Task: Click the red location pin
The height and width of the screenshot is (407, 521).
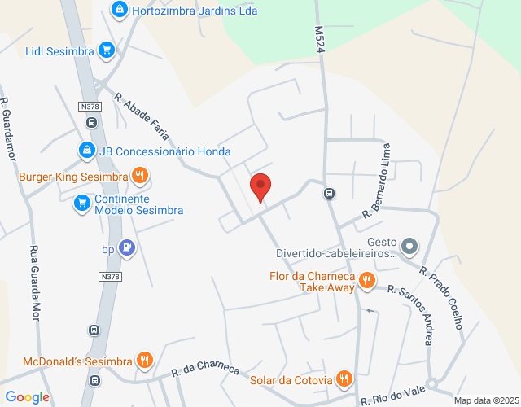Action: [x=260, y=187]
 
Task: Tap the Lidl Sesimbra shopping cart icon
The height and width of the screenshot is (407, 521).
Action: [x=106, y=50]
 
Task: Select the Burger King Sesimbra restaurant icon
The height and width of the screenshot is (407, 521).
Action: [x=140, y=176]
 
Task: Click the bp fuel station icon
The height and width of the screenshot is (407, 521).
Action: [x=126, y=248]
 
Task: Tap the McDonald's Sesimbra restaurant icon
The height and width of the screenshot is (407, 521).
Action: [x=144, y=360]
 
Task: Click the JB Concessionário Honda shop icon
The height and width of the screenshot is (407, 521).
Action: [x=87, y=151]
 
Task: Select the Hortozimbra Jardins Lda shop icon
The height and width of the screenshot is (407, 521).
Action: [x=120, y=10]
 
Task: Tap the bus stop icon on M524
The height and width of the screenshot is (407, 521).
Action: [x=329, y=194]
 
